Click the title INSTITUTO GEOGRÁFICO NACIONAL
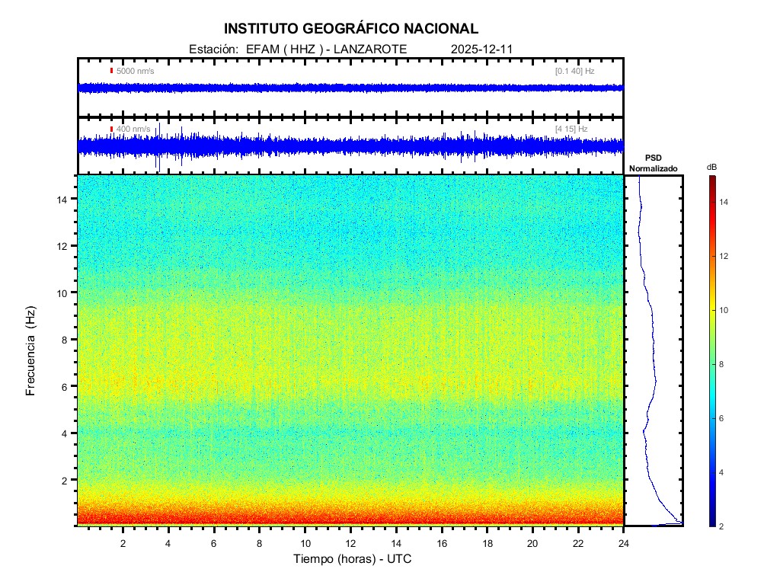click(x=351, y=29)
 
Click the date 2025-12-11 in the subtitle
click(x=482, y=49)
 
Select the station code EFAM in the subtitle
click(x=263, y=49)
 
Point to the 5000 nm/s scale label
click(x=135, y=71)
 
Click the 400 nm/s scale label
click(x=133, y=129)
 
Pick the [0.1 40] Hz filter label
click(x=574, y=71)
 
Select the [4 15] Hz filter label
click(x=571, y=129)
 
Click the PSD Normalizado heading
click(x=653, y=163)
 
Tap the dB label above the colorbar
click(x=711, y=167)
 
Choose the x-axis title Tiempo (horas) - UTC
click(x=353, y=559)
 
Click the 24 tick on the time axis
click(x=623, y=542)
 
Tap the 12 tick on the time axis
click(x=350, y=542)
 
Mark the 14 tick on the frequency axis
click(x=63, y=199)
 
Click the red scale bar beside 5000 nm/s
click(x=111, y=71)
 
